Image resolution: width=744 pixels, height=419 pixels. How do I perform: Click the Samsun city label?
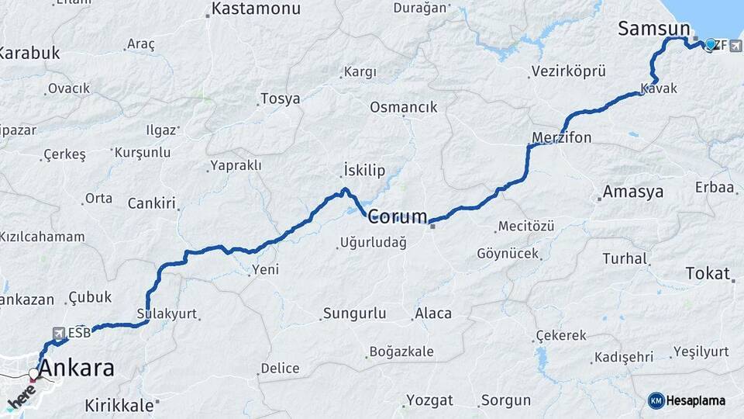coord(653,29)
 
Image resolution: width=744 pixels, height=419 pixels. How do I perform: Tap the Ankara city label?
coord(76,368)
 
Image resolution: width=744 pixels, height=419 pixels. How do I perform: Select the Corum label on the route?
coord(397,216)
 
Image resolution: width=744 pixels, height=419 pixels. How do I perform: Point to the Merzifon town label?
coord(562,138)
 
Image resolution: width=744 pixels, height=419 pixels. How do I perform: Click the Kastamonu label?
coord(255,9)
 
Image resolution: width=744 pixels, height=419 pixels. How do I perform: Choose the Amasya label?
coord(633,192)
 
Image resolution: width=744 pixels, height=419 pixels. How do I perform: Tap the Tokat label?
coord(708,273)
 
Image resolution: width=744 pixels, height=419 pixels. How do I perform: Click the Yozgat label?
coord(429,400)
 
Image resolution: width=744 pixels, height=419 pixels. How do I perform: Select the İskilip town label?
coord(363,171)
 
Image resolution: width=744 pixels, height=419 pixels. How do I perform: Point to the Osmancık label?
coord(404,107)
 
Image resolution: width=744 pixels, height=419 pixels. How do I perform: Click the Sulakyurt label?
coord(167,314)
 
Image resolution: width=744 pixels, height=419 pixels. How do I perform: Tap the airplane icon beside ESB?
coord(58,333)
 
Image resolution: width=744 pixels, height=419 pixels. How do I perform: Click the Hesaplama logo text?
coord(696,400)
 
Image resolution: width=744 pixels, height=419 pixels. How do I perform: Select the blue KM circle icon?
coord(656,400)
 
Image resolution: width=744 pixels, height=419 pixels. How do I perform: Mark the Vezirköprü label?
coord(568,71)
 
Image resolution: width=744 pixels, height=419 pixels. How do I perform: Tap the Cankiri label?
coord(153,204)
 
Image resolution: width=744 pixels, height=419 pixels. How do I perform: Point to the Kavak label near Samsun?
coord(660,88)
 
